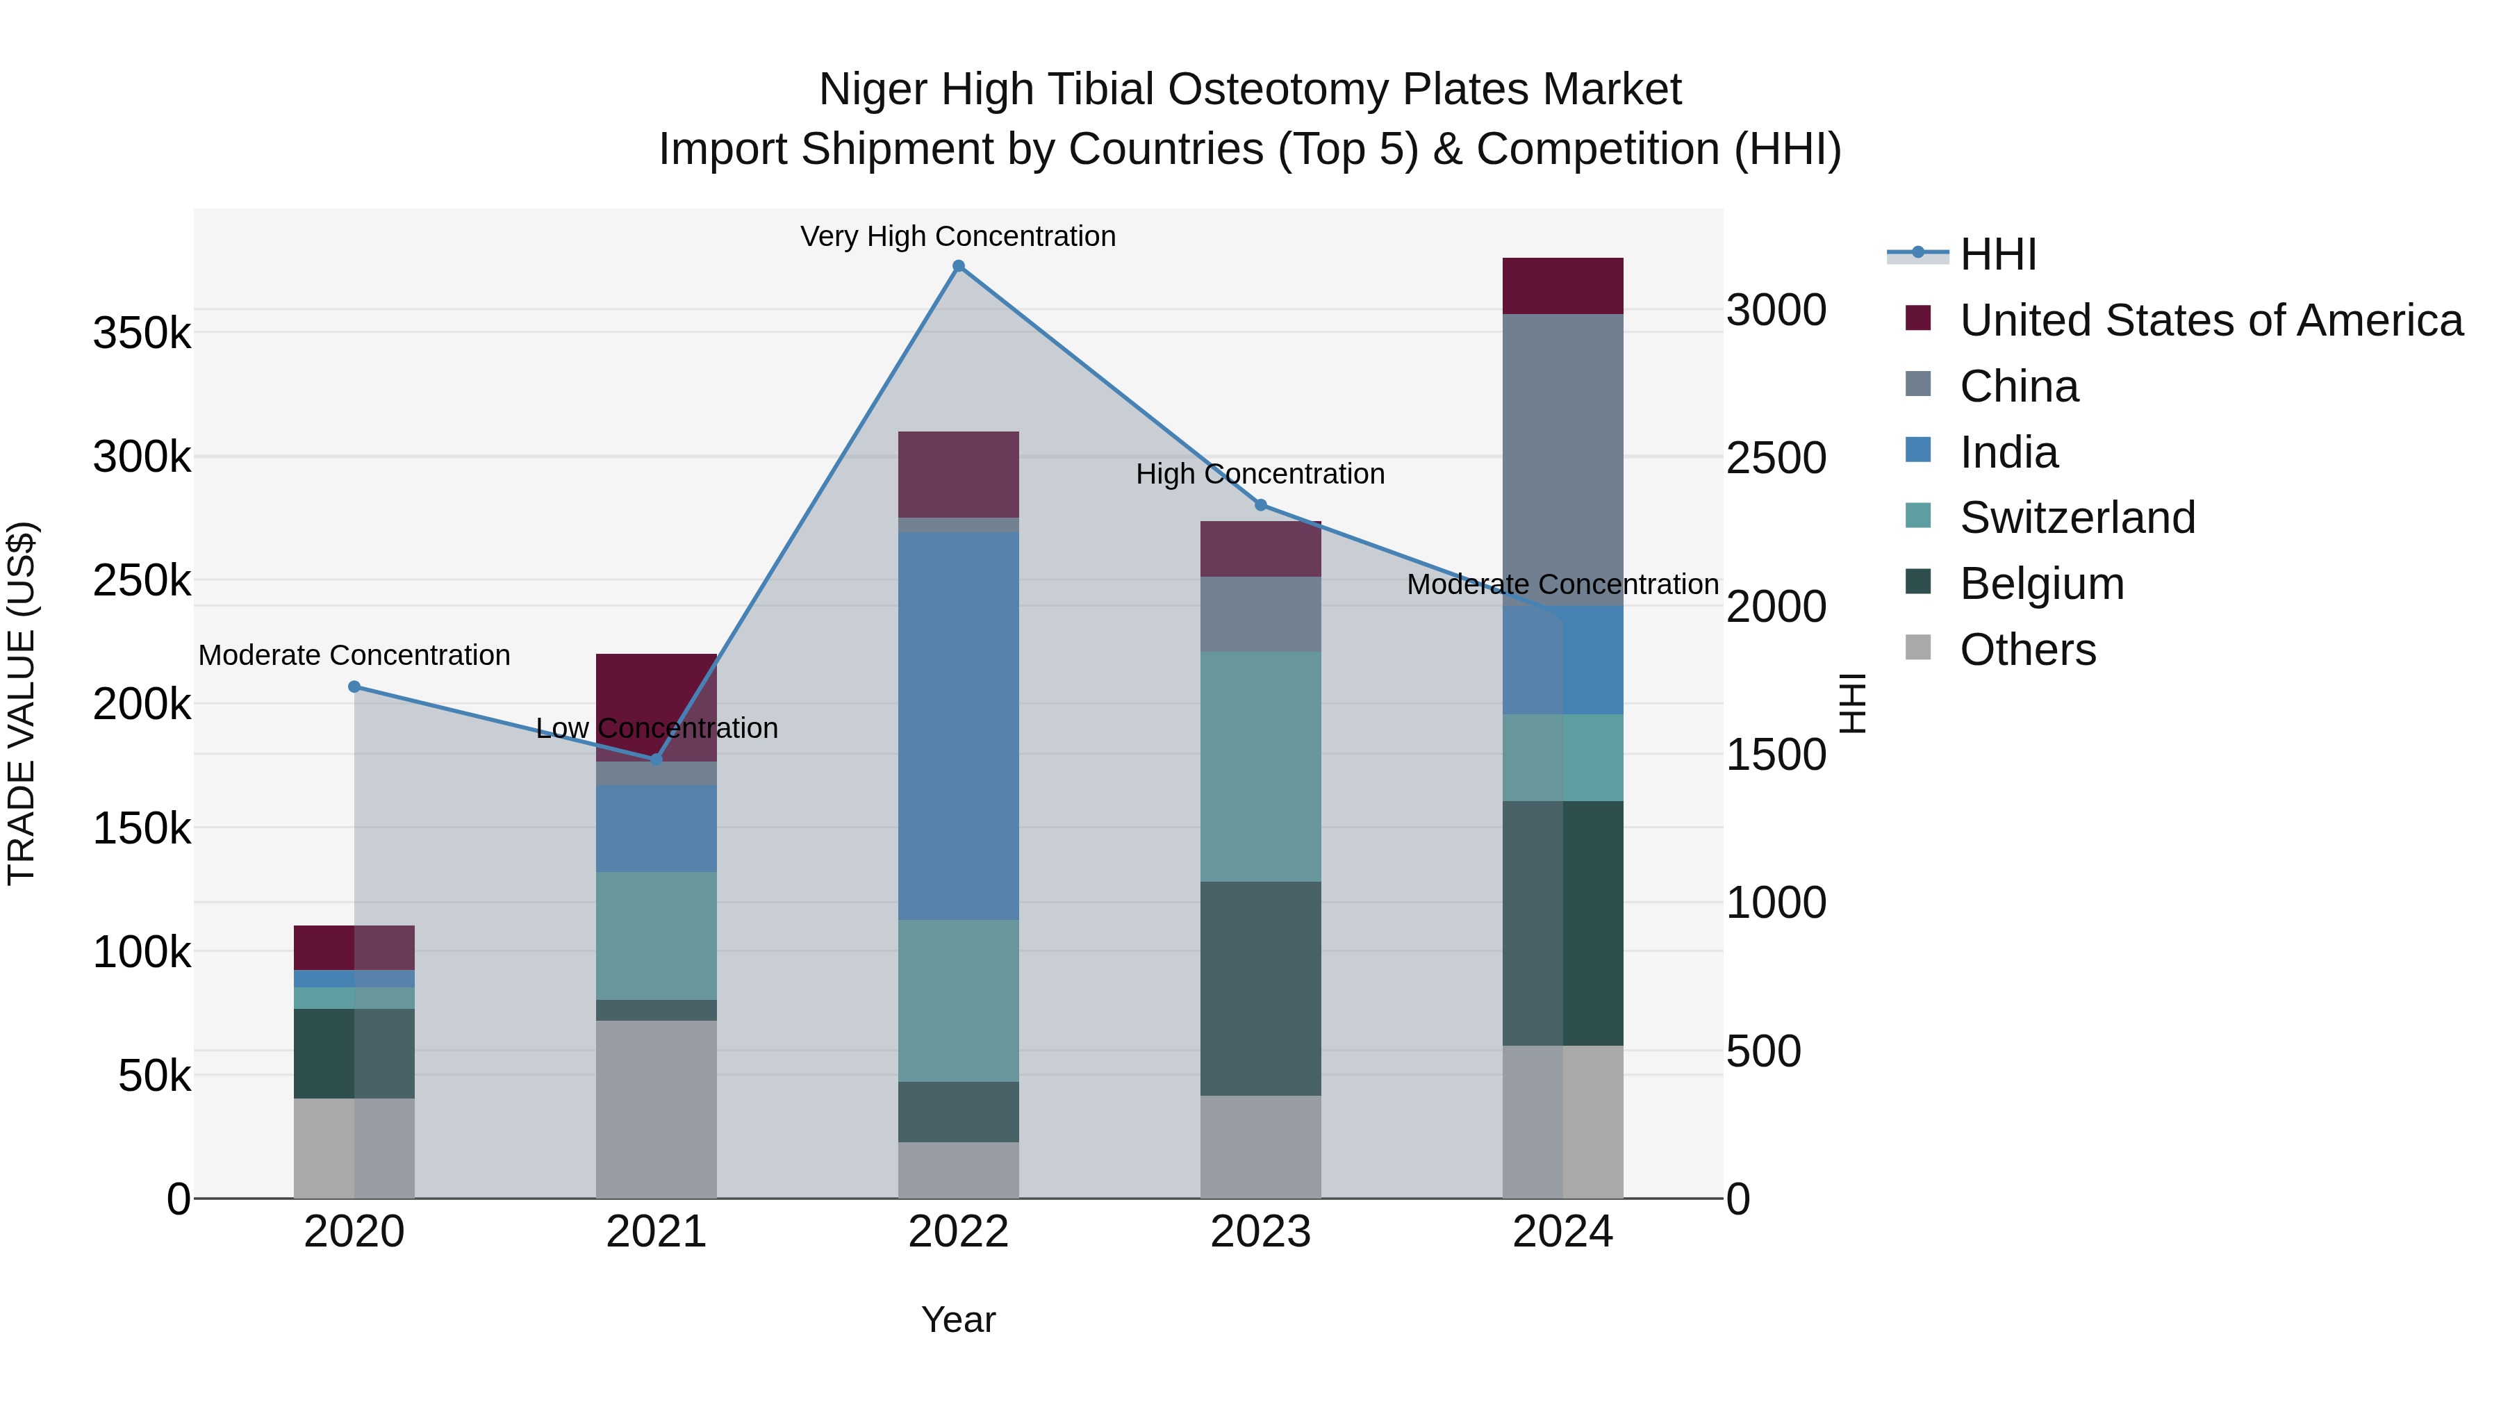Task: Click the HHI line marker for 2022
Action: pos(958,266)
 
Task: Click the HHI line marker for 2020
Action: pos(354,686)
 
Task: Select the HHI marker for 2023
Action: pos(1260,505)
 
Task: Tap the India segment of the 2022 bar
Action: pos(958,725)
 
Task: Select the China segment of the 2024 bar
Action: pos(1562,459)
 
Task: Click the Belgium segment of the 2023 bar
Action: pos(1260,989)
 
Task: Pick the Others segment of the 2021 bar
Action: pos(657,1108)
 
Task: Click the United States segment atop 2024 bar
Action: pos(1562,286)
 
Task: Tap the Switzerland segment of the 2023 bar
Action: pos(1260,766)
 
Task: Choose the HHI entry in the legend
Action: pos(1997,254)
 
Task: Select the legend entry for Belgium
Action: pos(2041,584)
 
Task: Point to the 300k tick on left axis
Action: pos(142,456)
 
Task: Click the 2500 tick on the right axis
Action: pos(1776,459)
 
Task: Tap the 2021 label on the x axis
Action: pos(657,1232)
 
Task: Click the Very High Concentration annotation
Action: pos(958,236)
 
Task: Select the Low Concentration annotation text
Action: pos(657,727)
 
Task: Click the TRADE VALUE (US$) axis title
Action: pos(22,703)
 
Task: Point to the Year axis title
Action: pos(958,1319)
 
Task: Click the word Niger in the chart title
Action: pos(872,90)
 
